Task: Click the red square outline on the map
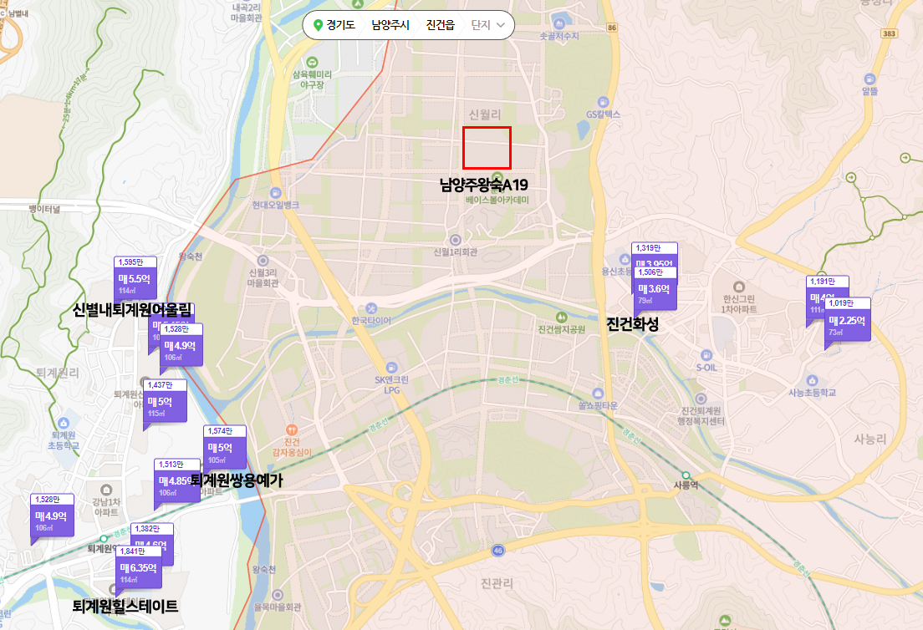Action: [487, 148]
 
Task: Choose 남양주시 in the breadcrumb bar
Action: [390, 25]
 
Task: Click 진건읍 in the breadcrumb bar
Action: [440, 25]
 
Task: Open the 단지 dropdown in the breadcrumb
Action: [488, 25]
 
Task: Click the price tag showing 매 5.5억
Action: [135, 280]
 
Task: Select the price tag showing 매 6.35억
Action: [138, 569]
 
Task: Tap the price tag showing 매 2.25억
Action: [847, 321]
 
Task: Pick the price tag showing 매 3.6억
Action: [654, 289]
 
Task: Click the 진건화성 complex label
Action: [632, 324]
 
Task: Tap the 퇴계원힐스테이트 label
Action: [125, 606]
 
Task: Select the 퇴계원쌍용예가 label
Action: [237, 480]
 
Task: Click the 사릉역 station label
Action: [685, 484]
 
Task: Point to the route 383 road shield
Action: [890, 33]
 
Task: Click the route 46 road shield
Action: [498, 550]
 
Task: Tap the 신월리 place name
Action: [484, 114]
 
